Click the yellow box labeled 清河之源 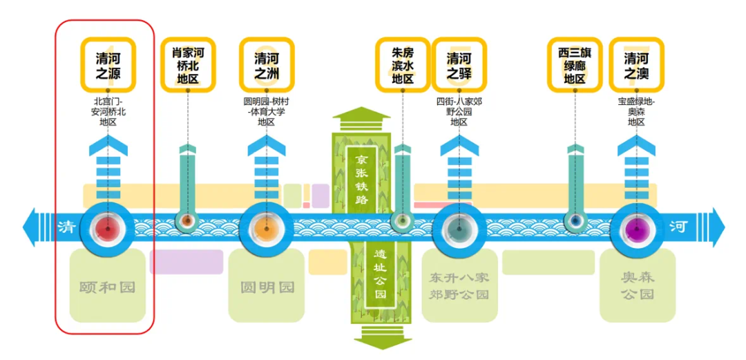coord(108,65)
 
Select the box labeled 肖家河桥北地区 coord(187,65)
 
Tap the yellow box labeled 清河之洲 coord(267,65)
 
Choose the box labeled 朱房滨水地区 coord(403,65)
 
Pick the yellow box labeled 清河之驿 coord(459,65)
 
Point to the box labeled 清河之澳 coord(637,65)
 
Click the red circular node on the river coord(108,229)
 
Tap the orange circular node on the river coord(267,229)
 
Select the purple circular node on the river coord(637,229)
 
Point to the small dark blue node coord(575,220)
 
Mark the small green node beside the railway coord(403,220)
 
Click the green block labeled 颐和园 coord(108,285)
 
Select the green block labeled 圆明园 coord(267,285)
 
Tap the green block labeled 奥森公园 coord(638,285)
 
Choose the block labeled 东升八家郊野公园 coord(459,285)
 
